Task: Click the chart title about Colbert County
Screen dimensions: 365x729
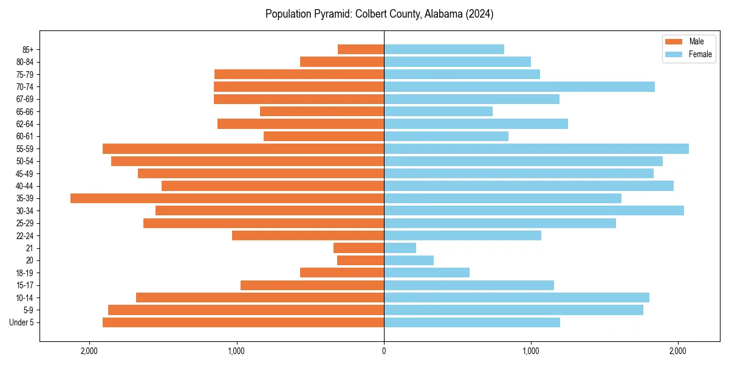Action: pyautogui.click(x=379, y=14)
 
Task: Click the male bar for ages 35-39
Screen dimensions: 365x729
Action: pyautogui.click(x=227, y=198)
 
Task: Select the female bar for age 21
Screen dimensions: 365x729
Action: pyautogui.click(x=400, y=248)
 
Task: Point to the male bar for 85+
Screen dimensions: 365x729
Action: pyautogui.click(x=361, y=49)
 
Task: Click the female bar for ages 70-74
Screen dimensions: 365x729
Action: pyautogui.click(x=519, y=86)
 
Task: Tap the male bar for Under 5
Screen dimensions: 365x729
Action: pyautogui.click(x=243, y=322)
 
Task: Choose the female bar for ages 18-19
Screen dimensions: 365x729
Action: pyautogui.click(x=426, y=273)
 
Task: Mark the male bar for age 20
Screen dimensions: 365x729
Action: pyautogui.click(x=360, y=260)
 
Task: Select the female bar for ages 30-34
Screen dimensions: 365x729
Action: pyautogui.click(x=533, y=210)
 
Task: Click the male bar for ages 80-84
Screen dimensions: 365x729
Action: pyautogui.click(x=342, y=61)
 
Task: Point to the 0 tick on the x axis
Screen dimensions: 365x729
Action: pyautogui.click(x=384, y=350)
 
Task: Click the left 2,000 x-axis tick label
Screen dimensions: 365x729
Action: pyautogui.click(x=89, y=350)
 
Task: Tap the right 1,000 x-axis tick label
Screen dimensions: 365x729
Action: pyautogui.click(x=531, y=350)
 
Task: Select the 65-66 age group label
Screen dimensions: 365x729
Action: pyautogui.click(x=25, y=111)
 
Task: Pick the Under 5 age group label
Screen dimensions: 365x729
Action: pyautogui.click(x=22, y=322)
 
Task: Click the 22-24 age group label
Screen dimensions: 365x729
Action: pyautogui.click(x=25, y=235)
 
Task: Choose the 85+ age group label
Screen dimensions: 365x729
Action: pyautogui.click(x=28, y=49)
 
